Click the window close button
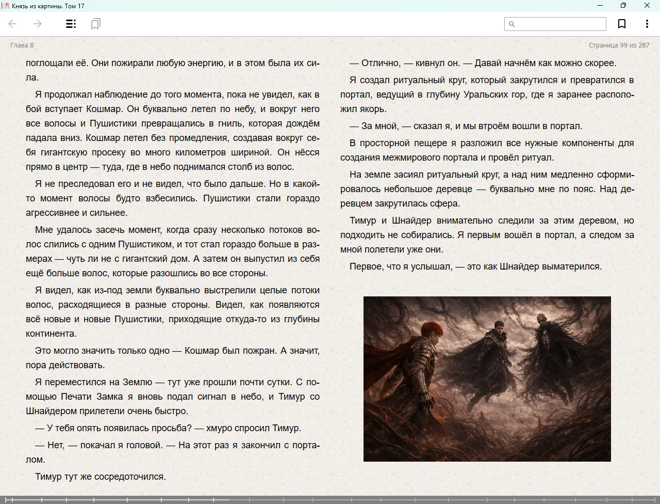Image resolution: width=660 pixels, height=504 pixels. coord(647,6)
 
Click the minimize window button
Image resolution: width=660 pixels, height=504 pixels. coord(600,6)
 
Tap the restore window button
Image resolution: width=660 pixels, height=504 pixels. coord(623,6)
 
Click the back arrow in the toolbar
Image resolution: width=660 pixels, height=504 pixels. coord(13,24)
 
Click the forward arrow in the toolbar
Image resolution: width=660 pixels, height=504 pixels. coord(37,24)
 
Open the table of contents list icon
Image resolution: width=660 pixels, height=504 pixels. coord(71,24)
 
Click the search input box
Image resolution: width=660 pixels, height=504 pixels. coord(559,24)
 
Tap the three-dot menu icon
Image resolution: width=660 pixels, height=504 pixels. coord(647,24)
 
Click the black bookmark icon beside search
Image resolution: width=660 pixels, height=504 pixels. coord(622,24)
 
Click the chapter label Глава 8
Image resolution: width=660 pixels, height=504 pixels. coord(22,45)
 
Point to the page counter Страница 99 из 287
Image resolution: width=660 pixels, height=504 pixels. coord(619,45)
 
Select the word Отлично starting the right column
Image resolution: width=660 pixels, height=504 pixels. coord(381,63)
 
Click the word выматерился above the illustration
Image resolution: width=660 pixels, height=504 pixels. coord(574,266)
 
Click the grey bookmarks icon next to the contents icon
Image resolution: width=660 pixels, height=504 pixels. coord(95,24)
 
